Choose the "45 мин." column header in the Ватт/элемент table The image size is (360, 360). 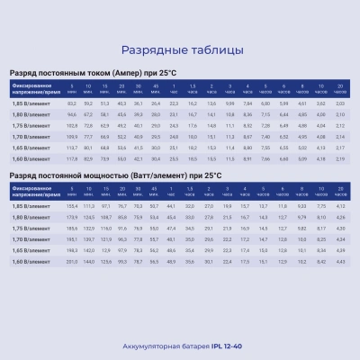click(156, 192)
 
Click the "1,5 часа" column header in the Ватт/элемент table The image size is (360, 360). click(191, 192)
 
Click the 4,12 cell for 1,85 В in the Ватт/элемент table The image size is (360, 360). click(338, 208)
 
